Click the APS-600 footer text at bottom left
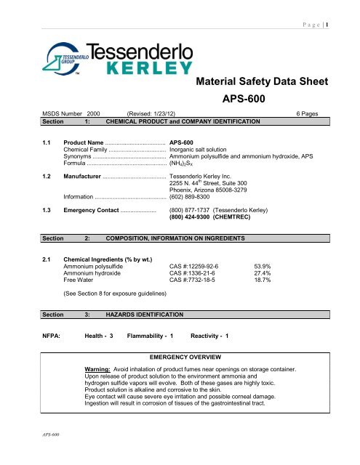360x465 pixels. [x=30, y=455]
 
